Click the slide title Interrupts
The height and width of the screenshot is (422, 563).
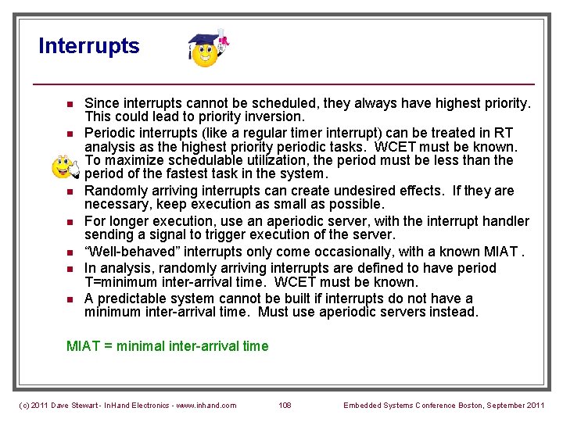(89, 46)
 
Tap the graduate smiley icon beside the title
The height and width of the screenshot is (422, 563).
(206, 50)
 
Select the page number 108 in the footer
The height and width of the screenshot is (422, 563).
(285, 405)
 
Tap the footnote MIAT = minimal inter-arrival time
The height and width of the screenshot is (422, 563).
(167, 346)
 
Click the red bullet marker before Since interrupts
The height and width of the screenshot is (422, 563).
(69, 104)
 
